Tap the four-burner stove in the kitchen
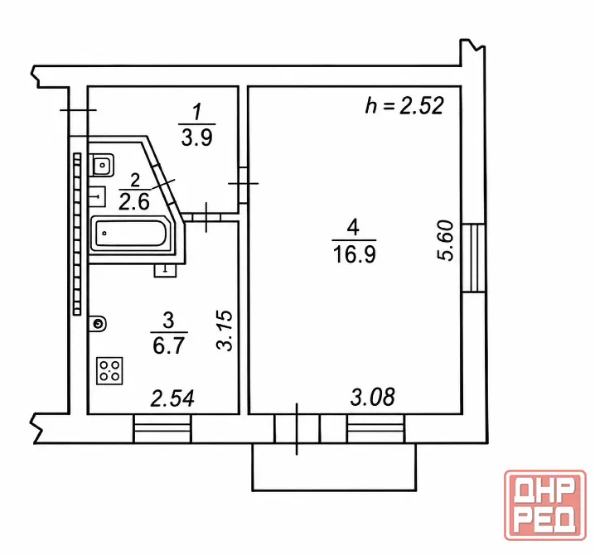[109, 370]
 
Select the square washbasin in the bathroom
[102, 165]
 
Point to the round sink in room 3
[98, 324]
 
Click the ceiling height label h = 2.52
[404, 105]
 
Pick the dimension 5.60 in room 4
[446, 240]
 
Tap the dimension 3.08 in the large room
[373, 397]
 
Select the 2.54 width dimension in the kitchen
[172, 398]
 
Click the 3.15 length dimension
[225, 331]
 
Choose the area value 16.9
[355, 253]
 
